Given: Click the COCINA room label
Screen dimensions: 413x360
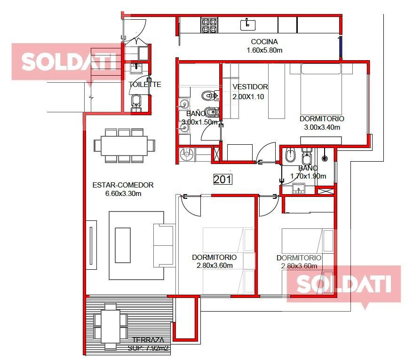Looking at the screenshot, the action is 264,41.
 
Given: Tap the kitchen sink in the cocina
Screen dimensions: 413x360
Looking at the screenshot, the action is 248,25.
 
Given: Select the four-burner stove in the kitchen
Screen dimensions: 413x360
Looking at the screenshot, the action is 209,25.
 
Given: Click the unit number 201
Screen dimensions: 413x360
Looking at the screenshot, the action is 222,180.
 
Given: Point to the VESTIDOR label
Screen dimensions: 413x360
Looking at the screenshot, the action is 250,86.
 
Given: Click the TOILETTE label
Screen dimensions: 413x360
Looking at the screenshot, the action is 145,84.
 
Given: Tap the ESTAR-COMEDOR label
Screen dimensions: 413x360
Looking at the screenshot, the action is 123,185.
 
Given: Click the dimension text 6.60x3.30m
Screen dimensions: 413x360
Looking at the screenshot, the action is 123,194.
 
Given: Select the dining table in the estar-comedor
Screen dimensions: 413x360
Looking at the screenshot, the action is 124,146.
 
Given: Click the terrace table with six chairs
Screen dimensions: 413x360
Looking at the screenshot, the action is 111,326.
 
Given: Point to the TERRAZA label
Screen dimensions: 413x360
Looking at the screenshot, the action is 148,340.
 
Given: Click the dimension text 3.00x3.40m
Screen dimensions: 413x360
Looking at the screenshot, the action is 322,127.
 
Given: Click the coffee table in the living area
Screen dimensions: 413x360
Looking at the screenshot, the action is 123,245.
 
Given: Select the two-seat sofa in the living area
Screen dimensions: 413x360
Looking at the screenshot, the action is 164,245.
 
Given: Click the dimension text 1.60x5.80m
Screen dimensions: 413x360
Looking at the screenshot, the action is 264,50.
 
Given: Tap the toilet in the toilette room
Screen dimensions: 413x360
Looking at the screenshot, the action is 136,103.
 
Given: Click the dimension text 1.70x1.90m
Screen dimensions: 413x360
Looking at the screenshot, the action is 308,176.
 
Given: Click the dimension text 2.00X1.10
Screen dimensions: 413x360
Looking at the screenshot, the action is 248,96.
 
